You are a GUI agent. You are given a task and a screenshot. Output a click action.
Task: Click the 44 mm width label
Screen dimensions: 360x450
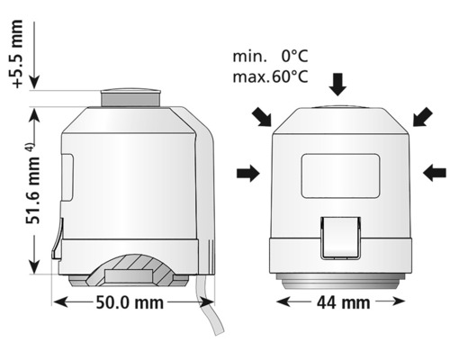tap(341, 302)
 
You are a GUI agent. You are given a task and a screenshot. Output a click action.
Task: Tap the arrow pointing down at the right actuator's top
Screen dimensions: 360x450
tap(337, 85)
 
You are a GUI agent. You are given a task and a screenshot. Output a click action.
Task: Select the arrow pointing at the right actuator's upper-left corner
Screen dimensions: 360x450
tap(262, 115)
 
